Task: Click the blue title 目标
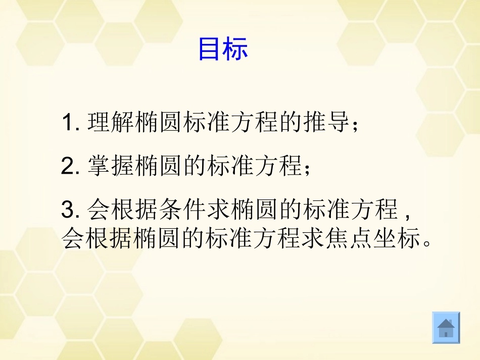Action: click(x=223, y=49)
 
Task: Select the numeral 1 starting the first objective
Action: click(x=68, y=123)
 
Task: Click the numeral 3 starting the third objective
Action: click(x=68, y=210)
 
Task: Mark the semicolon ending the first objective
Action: click(x=356, y=125)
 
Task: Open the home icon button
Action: click(x=446, y=328)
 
